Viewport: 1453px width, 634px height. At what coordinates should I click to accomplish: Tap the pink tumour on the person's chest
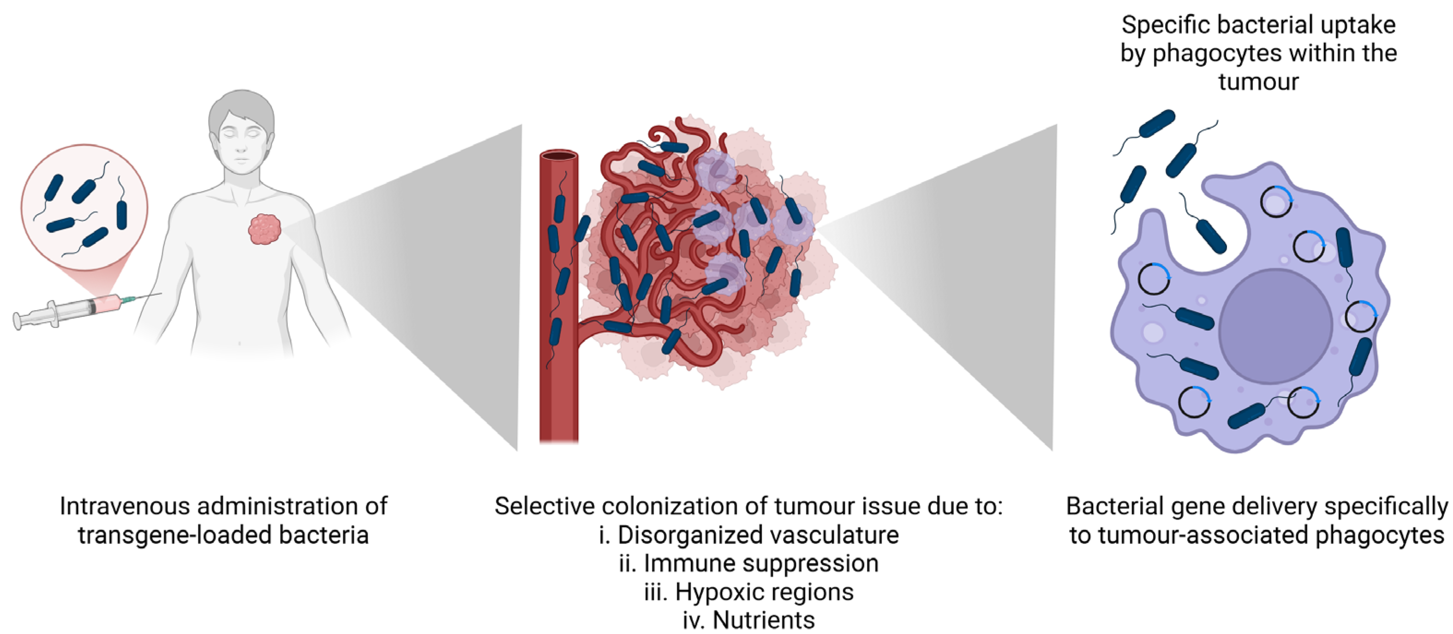[264, 228]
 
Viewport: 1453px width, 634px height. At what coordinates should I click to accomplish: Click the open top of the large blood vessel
[558, 156]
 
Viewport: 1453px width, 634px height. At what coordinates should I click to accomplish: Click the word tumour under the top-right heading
[1258, 82]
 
